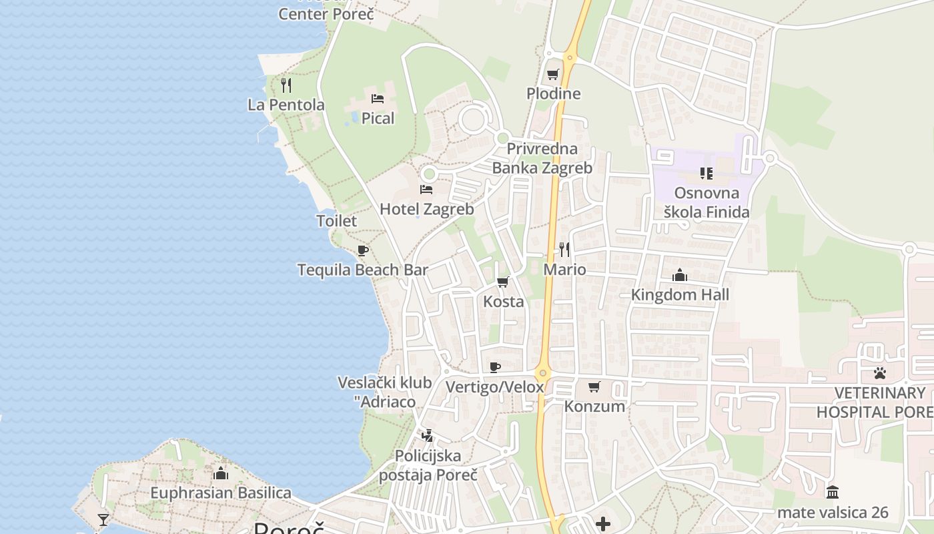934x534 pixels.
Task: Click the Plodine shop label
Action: (553, 93)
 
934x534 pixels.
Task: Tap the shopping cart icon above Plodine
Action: (552, 74)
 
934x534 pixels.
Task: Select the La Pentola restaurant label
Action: (286, 105)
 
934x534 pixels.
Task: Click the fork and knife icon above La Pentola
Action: (286, 85)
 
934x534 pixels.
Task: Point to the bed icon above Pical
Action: (378, 99)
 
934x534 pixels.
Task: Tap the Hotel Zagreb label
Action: (426, 209)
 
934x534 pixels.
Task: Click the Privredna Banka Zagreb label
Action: (542, 158)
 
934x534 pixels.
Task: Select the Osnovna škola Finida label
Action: (707, 202)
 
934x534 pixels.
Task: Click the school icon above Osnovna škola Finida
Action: (707, 174)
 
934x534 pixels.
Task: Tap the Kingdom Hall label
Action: (680, 294)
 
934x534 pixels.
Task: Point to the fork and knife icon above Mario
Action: (564, 250)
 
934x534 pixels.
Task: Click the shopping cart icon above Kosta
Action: (503, 282)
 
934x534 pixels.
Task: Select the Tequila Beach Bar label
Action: (362, 270)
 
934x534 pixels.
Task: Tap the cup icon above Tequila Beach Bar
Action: (362, 251)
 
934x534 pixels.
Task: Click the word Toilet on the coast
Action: (336, 220)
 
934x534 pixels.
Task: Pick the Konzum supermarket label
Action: (594, 406)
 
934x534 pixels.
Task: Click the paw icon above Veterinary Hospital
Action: (880, 373)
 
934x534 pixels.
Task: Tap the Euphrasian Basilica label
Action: (220, 493)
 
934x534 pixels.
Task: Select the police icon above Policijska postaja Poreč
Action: (427, 436)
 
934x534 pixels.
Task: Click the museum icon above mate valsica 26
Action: (833, 493)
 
